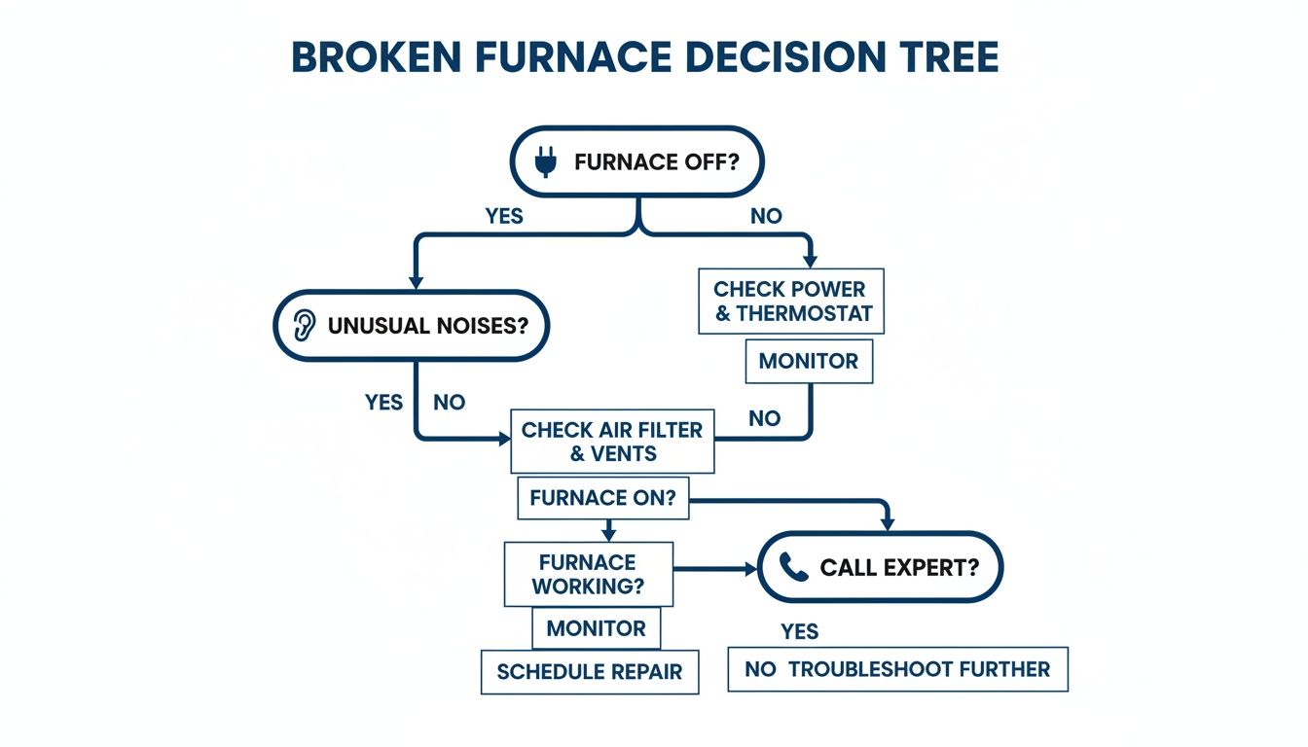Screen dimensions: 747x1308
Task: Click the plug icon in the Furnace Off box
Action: tap(547, 162)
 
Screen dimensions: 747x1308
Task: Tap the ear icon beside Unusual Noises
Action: tap(305, 325)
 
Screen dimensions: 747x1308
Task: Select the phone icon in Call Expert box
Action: tap(794, 568)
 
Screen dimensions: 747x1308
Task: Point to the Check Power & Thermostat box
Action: tap(789, 302)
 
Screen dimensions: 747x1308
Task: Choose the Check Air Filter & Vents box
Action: tap(612, 442)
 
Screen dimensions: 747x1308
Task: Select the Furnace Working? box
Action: tap(588, 575)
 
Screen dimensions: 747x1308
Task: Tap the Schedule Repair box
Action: tap(590, 671)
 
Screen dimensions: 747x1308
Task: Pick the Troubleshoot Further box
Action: tap(897, 669)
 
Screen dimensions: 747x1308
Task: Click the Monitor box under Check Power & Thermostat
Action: tap(809, 361)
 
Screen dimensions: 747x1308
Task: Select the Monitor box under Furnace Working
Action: tap(596, 628)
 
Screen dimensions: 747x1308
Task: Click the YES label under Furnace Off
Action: tap(504, 216)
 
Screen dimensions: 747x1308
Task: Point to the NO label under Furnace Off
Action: tap(766, 216)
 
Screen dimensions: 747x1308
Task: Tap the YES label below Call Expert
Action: tap(799, 632)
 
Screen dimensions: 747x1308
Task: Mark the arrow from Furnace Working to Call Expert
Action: tap(715, 568)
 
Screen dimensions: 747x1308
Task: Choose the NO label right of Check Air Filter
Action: tap(764, 418)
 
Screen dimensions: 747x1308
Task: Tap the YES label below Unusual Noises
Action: tap(383, 402)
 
